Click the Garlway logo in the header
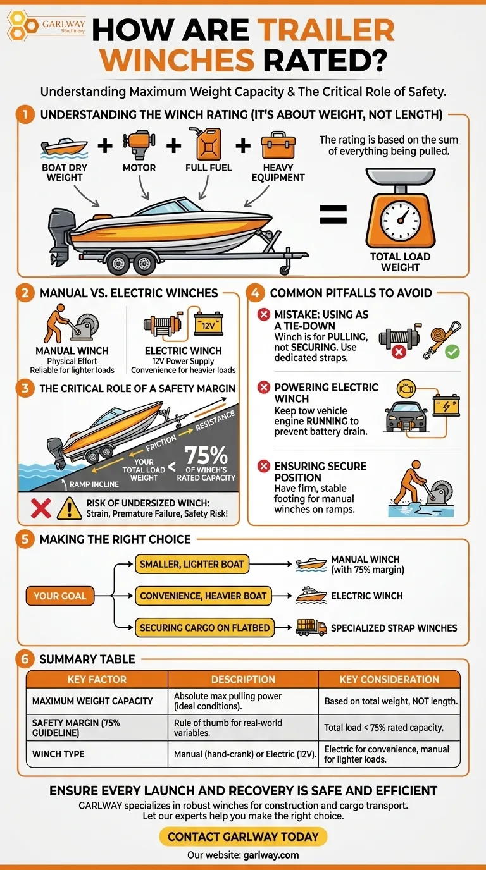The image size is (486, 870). (46, 27)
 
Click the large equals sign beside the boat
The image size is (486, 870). (333, 215)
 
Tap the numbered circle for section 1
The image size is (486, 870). (25, 115)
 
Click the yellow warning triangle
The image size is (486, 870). (69, 509)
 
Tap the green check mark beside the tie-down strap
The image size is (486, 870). (452, 352)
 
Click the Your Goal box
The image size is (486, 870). (60, 596)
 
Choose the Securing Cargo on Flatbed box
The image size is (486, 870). (204, 628)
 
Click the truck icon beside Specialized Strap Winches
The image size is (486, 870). (311, 627)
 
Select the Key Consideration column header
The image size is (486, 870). (389, 679)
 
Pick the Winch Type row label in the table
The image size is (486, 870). (58, 754)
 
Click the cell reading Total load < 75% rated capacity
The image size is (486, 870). (383, 728)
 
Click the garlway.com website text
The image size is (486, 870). (271, 855)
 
